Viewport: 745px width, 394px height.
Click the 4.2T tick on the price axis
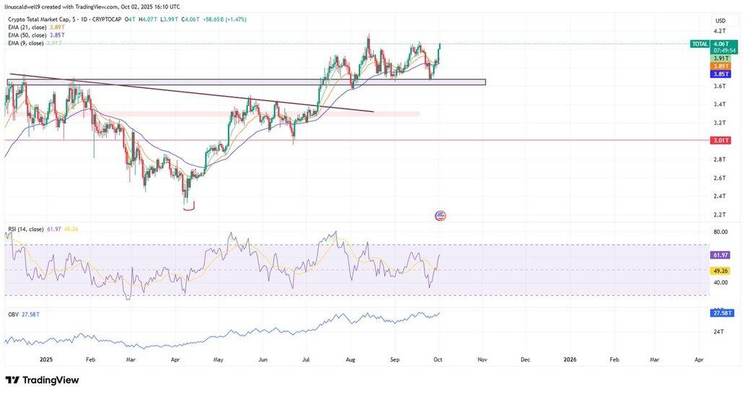(x=719, y=31)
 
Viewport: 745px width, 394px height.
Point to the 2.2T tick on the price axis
(x=719, y=215)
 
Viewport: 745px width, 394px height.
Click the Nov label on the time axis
(x=483, y=359)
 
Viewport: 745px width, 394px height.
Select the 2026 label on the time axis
(x=570, y=359)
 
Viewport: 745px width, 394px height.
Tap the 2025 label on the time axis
(x=46, y=359)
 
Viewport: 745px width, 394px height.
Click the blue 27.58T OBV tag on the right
(x=721, y=313)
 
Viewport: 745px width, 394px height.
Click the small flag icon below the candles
(x=440, y=216)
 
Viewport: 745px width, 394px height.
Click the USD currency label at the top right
(x=720, y=20)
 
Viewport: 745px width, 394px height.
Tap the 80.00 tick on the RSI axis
(x=720, y=232)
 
